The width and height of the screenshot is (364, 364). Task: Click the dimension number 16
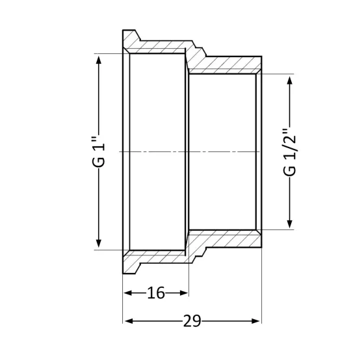tap(156, 292)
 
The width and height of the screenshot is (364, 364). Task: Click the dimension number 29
tap(192, 321)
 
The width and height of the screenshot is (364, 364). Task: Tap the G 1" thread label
tap(98, 152)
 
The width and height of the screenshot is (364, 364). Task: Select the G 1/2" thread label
tap(289, 152)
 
